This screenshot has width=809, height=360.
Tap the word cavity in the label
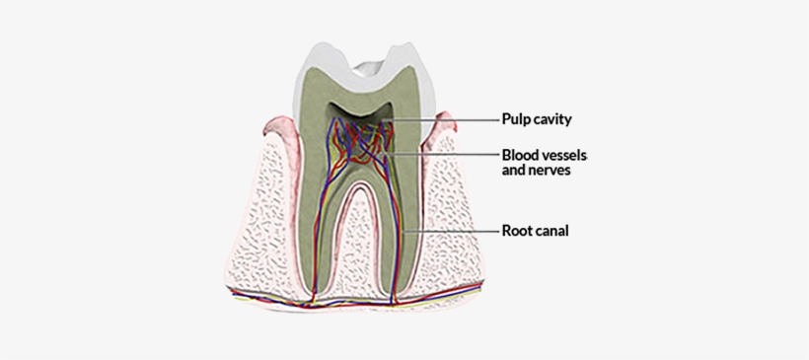[x=553, y=119]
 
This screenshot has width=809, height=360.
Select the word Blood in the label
[x=521, y=155]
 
